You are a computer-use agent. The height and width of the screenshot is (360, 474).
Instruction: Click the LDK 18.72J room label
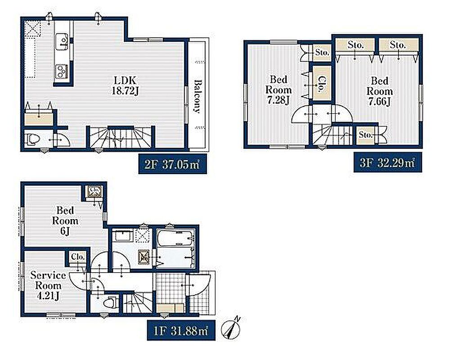[x=125, y=85]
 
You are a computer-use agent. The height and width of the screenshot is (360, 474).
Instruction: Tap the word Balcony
[x=197, y=96]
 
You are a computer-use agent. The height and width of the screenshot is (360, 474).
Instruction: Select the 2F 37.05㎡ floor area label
[x=172, y=164]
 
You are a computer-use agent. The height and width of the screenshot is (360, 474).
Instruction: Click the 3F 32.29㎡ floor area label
[x=388, y=163]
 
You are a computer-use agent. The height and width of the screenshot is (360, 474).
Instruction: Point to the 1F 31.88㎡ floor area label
[x=181, y=330]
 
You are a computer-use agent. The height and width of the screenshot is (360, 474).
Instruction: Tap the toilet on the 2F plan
[x=33, y=139]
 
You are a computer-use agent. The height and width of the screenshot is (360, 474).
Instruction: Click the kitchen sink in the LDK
[x=62, y=40]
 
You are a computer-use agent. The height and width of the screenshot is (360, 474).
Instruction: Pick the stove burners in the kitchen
[x=62, y=72]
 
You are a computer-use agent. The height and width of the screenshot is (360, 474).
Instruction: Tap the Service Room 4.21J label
[x=48, y=286]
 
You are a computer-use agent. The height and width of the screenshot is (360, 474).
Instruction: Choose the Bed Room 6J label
[x=65, y=221]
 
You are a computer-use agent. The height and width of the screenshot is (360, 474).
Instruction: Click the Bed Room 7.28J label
[x=278, y=90]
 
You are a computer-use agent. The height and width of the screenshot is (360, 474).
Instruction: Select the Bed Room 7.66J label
[x=380, y=91]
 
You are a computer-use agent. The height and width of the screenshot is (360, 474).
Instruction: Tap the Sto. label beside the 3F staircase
[x=365, y=134]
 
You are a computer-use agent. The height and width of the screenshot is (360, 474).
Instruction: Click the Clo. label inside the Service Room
[x=78, y=257]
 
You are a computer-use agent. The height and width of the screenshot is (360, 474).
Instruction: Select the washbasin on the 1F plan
[x=123, y=236]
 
